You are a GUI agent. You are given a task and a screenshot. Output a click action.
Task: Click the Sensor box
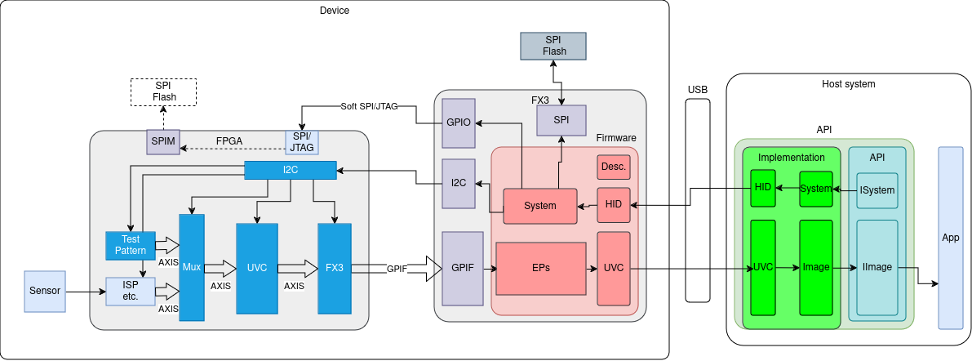45,292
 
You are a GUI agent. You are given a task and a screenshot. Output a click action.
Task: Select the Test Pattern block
131,245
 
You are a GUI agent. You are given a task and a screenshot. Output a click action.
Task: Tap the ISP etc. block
131,292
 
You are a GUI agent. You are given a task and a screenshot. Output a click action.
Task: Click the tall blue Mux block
192,267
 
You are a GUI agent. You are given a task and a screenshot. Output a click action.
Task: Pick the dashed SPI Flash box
164,92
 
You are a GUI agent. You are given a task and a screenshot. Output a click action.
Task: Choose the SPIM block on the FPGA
163,142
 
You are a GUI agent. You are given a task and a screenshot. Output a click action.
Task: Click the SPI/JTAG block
302,142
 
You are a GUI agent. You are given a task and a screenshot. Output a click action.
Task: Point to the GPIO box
458,123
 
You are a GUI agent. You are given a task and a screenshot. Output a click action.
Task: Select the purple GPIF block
458,268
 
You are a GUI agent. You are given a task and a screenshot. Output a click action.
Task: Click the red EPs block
541,268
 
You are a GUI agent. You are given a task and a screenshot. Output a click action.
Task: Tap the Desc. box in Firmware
614,167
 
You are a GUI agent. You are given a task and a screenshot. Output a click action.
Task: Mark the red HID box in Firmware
614,205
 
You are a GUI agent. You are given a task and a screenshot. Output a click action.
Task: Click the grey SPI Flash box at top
554,46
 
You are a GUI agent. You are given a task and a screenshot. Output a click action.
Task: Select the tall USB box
698,200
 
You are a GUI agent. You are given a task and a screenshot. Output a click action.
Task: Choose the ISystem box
877,190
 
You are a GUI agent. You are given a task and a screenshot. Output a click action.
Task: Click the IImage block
877,268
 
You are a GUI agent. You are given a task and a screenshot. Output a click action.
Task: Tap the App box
951,238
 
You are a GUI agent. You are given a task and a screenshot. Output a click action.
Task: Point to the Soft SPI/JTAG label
369,106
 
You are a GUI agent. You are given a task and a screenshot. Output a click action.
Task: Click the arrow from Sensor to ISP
86,292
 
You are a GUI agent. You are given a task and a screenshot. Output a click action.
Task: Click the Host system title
848,84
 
